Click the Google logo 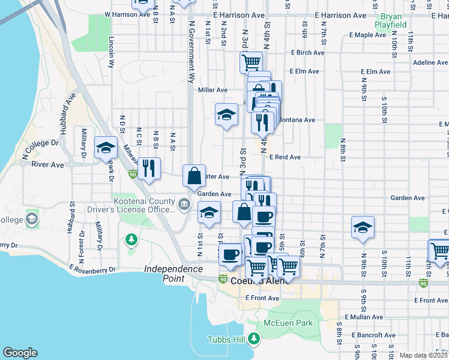[x=20, y=353]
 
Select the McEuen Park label [x=288, y=323]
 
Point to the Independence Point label [x=173, y=273]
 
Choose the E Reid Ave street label [x=285, y=157]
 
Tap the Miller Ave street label [x=212, y=90]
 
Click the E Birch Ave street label [x=306, y=53]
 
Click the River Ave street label [x=47, y=164]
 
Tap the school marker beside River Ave [x=106, y=148]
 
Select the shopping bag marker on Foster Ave [x=194, y=175]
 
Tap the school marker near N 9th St [x=363, y=227]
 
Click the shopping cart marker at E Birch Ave [x=251, y=61]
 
